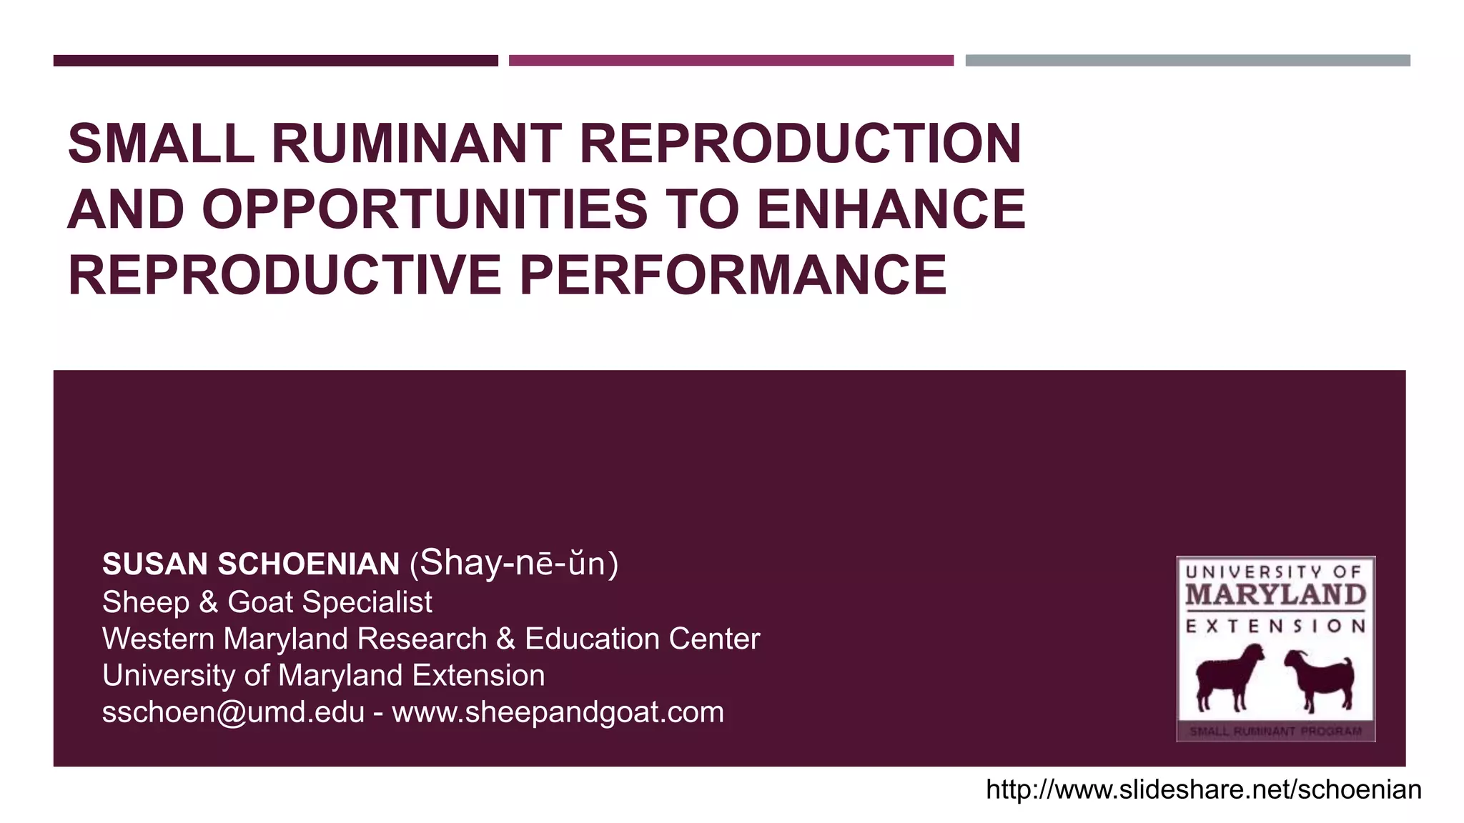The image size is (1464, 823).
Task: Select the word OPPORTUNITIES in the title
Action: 425,210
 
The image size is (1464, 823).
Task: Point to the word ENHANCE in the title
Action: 891,210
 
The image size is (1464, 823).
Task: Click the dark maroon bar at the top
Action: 275,61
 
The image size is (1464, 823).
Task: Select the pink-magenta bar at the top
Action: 731,61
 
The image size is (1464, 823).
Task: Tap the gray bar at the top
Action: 1187,61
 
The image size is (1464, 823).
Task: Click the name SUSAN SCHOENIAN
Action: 251,564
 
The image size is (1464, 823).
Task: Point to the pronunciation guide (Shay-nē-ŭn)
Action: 514,564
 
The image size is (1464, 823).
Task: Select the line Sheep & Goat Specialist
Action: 267,602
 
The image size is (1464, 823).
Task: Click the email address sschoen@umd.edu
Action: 233,712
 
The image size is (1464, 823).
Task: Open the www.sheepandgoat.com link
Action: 558,712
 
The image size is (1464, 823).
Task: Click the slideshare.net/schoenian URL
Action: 1203,790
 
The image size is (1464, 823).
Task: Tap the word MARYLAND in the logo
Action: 1275,595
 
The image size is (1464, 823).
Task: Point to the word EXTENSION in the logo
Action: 1275,627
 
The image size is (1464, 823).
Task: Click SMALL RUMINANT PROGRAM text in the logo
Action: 1275,732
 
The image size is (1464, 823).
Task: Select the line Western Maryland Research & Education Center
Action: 431,639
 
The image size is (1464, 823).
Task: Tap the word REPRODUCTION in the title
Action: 801,144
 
